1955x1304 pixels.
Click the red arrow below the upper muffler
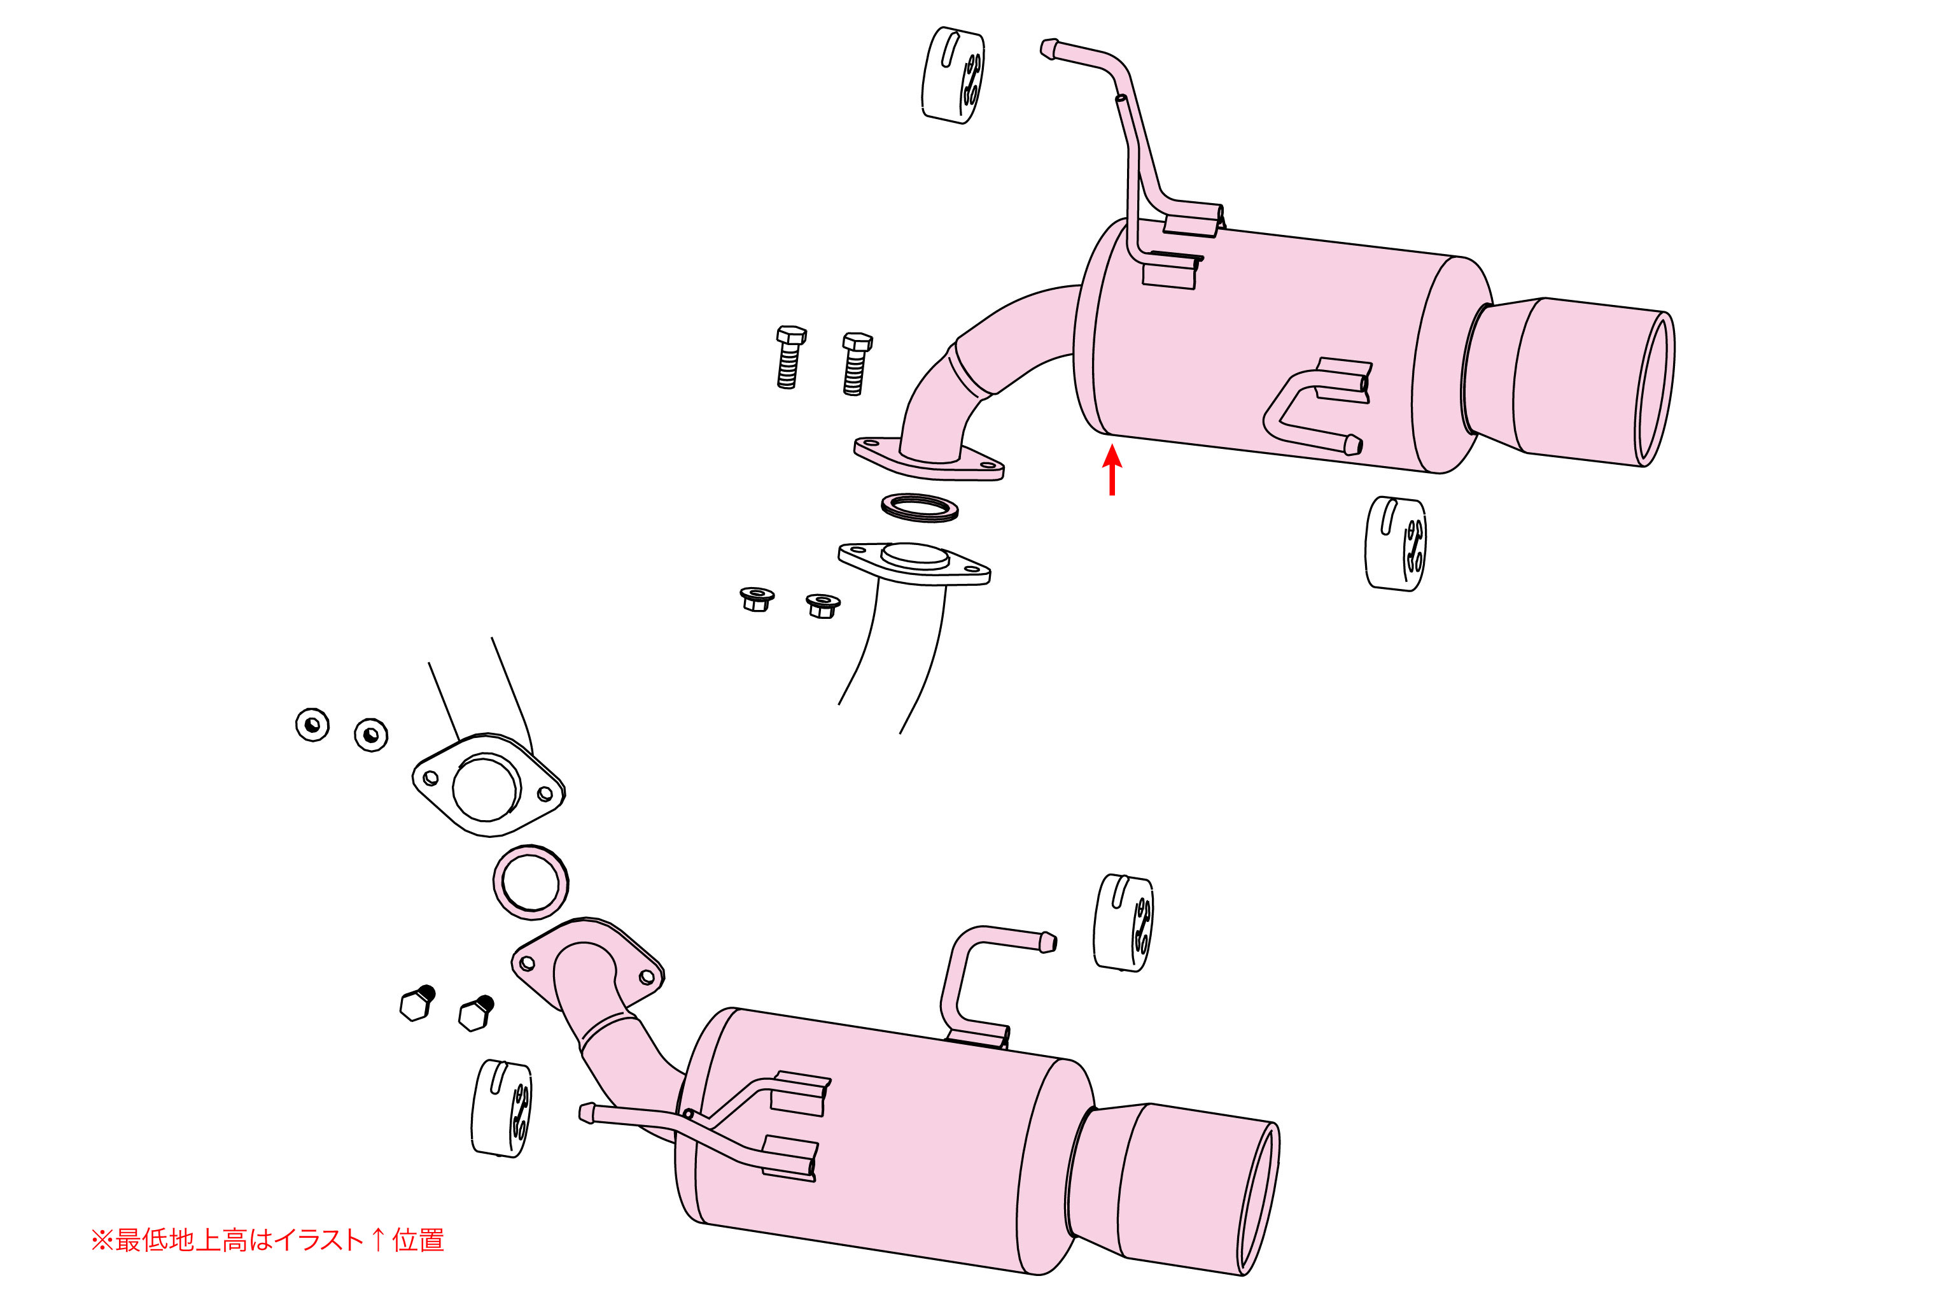1112,471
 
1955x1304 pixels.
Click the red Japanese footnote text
268,1240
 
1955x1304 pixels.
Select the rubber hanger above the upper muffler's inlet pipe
953,76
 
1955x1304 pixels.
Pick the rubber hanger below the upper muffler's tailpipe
1396,544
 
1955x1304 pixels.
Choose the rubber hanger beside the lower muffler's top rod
1123,923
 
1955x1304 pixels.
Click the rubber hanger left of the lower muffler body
502,1109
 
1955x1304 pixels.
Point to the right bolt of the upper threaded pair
855,364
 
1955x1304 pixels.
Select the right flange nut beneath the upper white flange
823,606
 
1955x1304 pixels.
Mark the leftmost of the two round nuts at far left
312,725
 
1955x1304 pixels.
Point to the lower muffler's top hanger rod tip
1048,943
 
